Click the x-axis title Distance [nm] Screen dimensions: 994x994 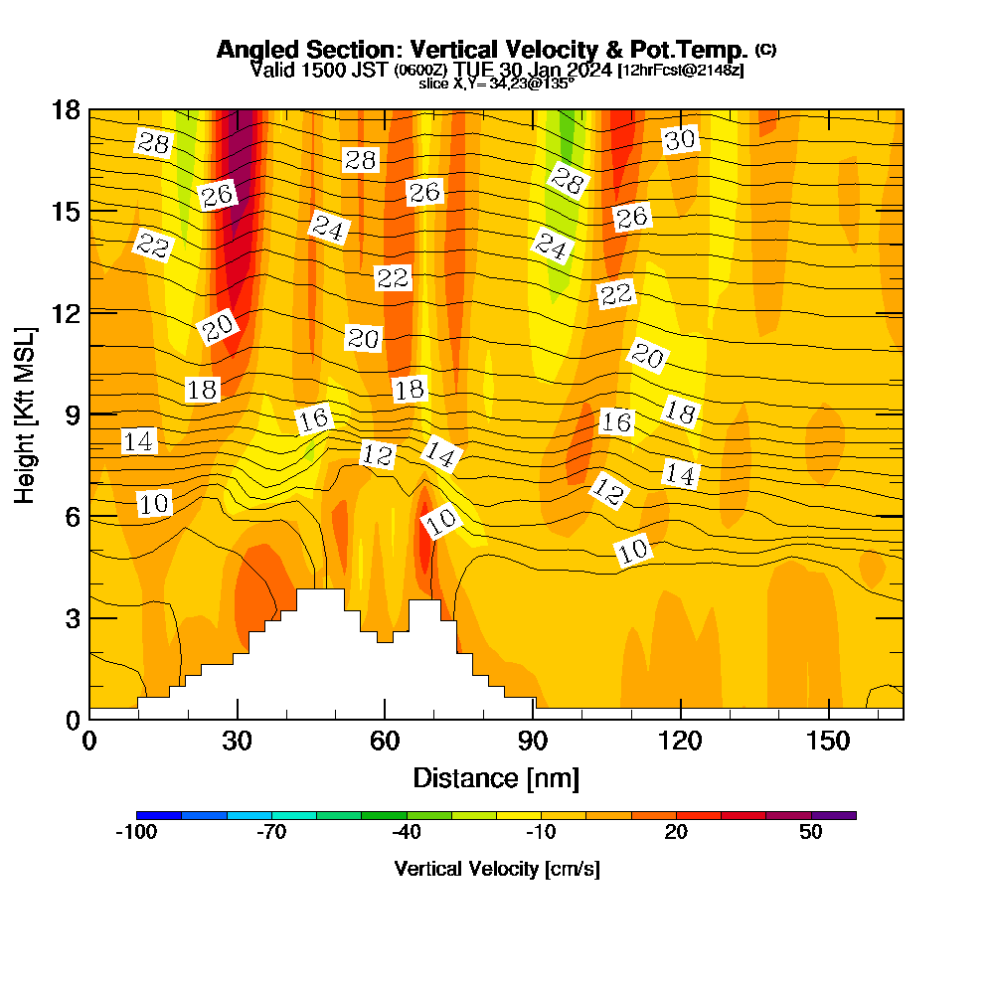(496, 777)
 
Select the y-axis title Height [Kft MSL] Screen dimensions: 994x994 (25, 414)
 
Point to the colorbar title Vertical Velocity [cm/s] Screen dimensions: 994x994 (497, 869)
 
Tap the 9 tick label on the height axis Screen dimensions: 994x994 (73, 414)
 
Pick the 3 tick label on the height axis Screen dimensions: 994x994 (73, 617)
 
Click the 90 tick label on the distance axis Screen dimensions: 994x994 (533, 742)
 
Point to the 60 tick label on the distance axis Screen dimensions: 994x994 (385, 742)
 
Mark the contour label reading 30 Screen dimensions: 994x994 (681, 140)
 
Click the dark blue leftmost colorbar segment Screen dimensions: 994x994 (159, 815)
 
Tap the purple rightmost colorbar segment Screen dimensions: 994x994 (834, 815)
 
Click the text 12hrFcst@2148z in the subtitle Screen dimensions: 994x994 (681, 71)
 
